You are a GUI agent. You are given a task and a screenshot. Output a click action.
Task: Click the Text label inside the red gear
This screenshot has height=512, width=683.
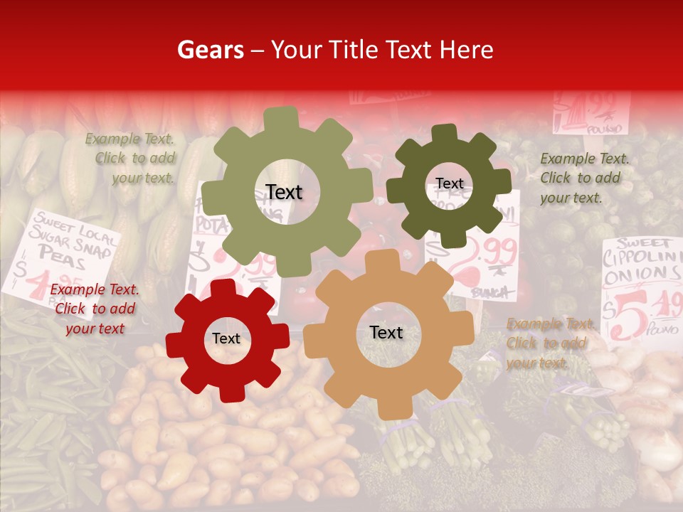tap(226, 339)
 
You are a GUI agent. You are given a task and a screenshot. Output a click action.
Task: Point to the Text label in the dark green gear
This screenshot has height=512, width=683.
tap(449, 184)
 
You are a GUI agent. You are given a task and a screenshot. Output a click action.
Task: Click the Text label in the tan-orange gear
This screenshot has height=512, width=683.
tap(386, 333)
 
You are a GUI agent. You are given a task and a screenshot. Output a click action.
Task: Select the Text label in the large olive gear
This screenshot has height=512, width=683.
tap(284, 192)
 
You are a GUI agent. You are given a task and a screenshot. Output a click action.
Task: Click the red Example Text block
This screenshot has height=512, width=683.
tap(95, 309)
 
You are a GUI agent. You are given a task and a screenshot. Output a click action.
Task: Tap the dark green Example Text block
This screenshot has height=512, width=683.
tap(580, 178)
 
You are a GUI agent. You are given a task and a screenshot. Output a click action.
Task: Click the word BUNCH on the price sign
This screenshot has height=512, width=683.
tap(489, 292)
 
